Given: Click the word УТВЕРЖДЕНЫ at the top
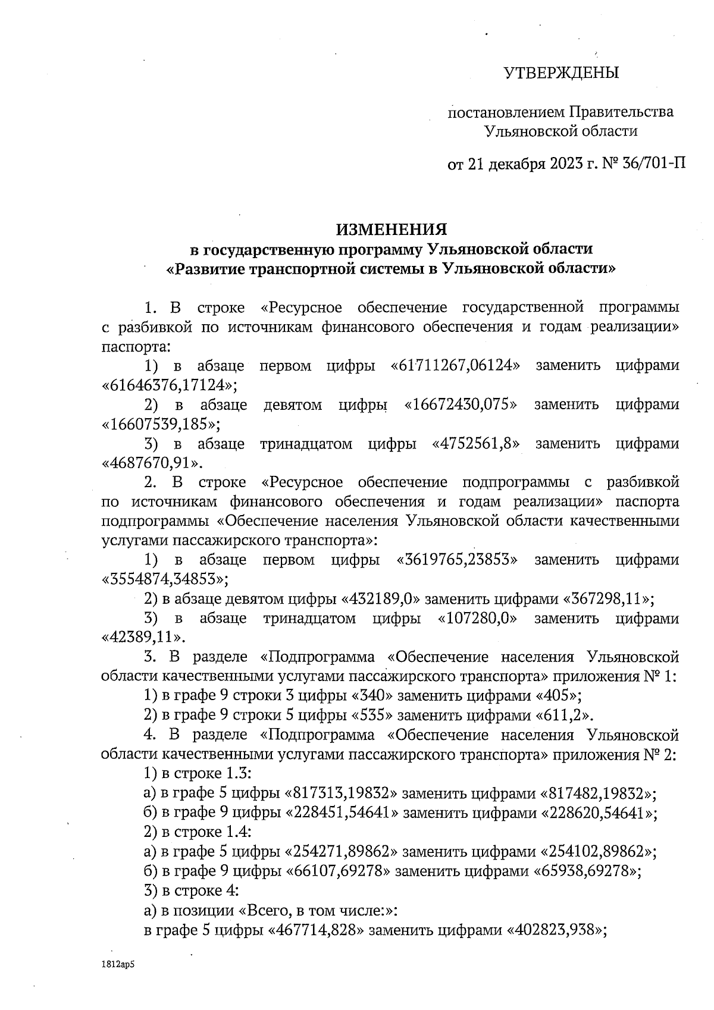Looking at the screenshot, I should pyautogui.click(x=561, y=73).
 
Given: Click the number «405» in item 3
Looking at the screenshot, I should pyautogui.click(x=557, y=695).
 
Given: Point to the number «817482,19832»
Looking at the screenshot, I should pyautogui.click(x=597, y=793).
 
